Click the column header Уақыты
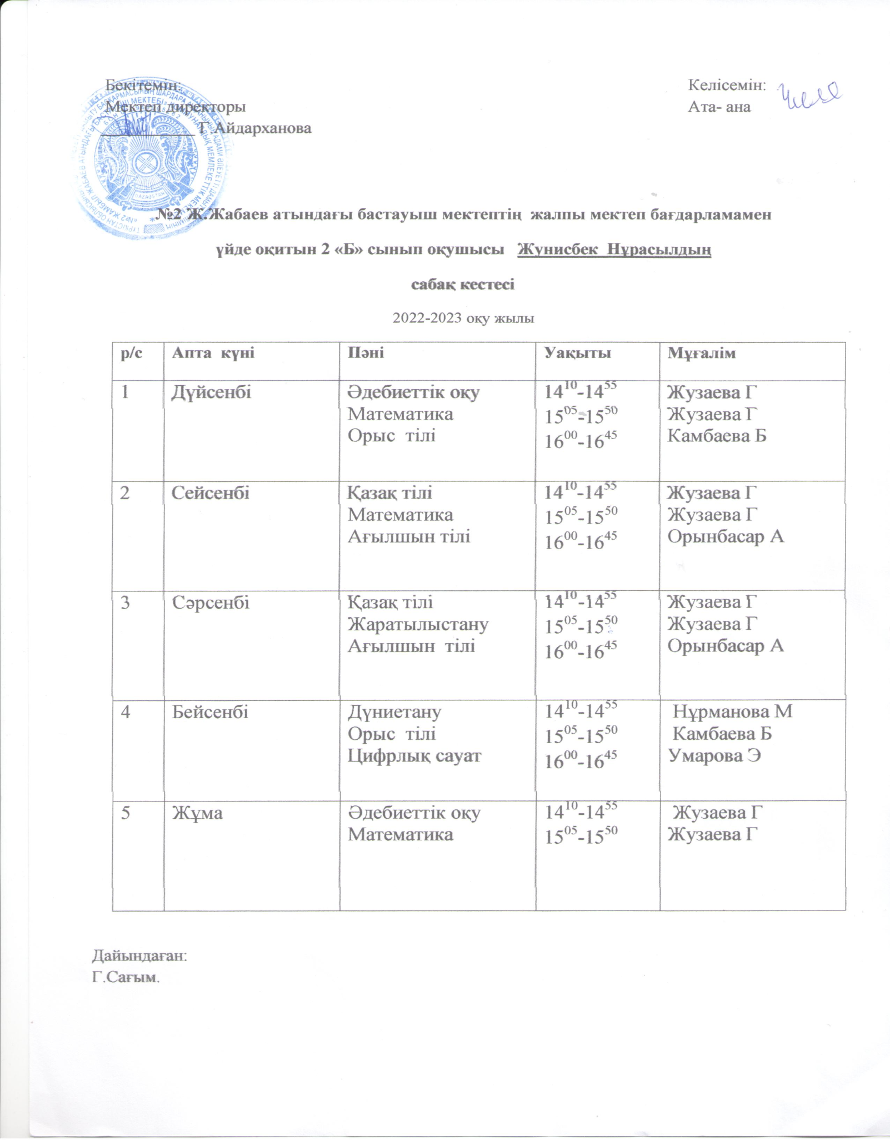(578, 352)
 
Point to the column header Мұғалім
(702, 352)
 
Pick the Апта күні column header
(213, 352)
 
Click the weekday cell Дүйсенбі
(211, 392)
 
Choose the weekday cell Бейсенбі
(209, 712)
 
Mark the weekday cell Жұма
(197, 813)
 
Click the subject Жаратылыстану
(418, 624)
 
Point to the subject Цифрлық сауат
(414, 756)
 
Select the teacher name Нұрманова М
(733, 712)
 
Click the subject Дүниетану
(394, 712)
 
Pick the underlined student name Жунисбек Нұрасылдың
(614, 250)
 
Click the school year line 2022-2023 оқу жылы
(463, 318)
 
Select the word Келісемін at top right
(727, 85)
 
